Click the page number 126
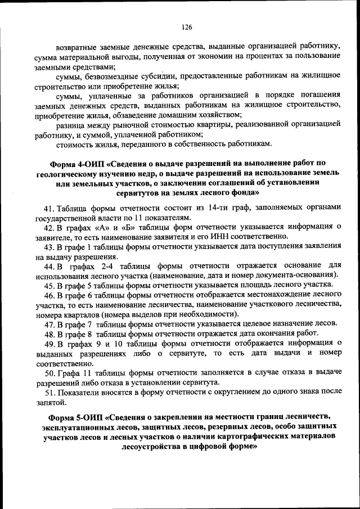click(x=187, y=27)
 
